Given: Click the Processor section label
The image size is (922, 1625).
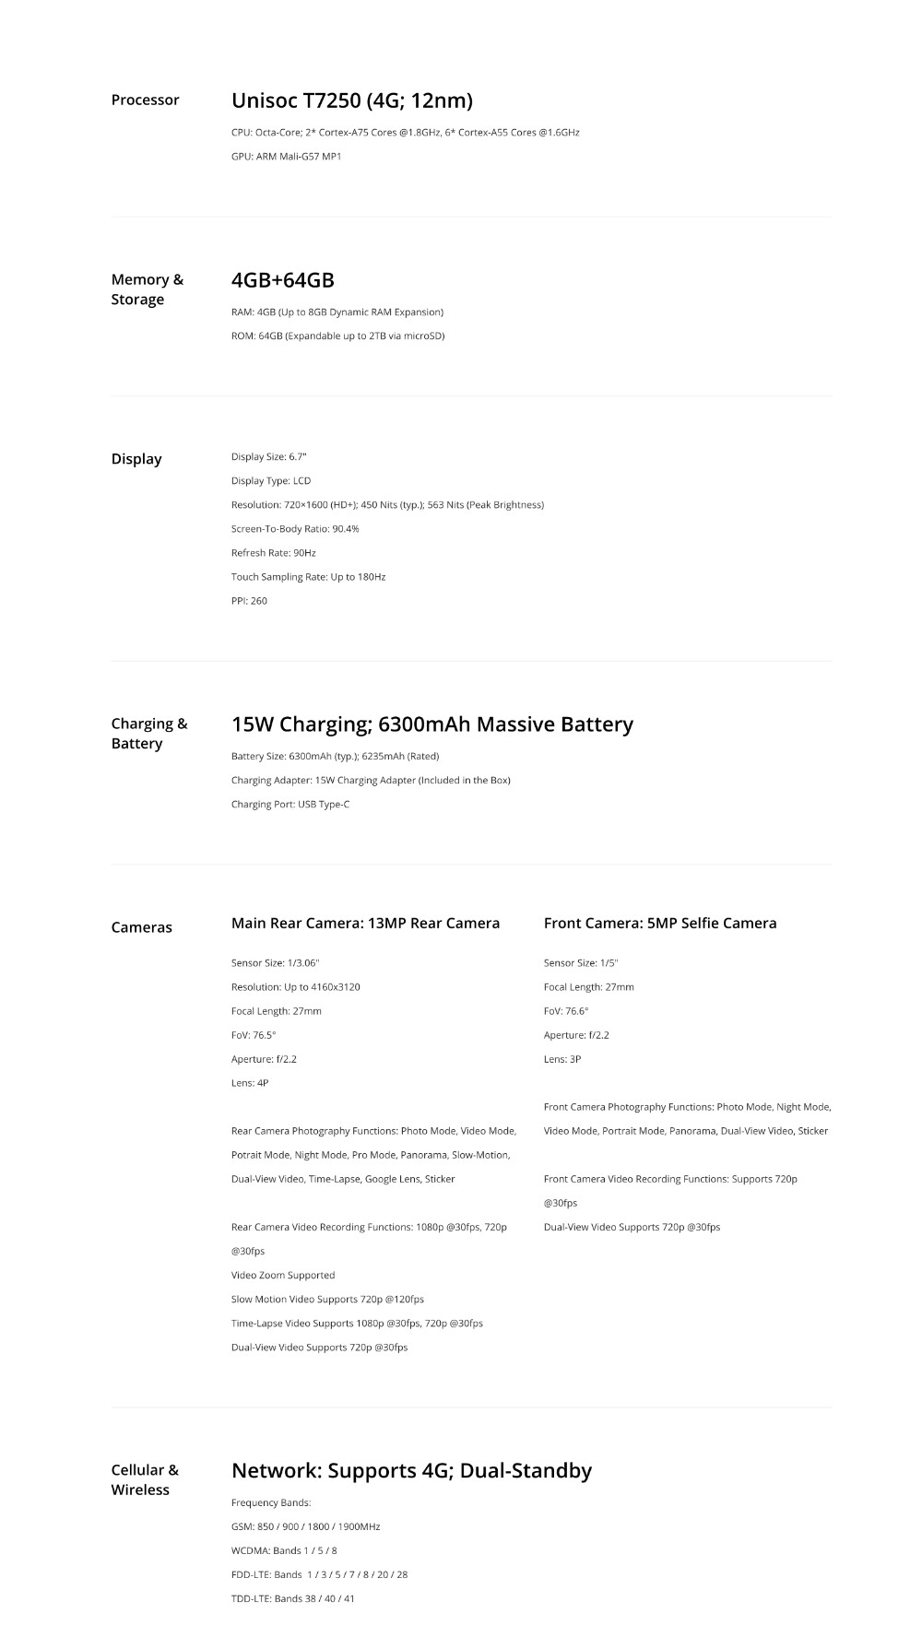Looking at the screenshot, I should [x=145, y=100].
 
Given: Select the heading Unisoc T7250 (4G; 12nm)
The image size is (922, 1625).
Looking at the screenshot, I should [x=351, y=100].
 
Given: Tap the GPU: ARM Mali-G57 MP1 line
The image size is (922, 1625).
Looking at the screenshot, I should [x=286, y=157].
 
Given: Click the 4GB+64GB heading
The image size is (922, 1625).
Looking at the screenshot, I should [x=282, y=280].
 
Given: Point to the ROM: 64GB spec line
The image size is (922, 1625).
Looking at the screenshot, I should [x=337, y=336].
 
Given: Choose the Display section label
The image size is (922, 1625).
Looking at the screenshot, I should [x=136, y=459].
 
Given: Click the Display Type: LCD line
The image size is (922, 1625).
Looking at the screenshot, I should [x=270, y=481].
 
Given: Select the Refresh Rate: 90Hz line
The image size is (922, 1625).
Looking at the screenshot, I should [x=273, y=553].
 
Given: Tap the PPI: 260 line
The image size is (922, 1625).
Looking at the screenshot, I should [x=249, y=601].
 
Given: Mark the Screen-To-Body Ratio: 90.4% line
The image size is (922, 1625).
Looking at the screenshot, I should [x=295, y=529].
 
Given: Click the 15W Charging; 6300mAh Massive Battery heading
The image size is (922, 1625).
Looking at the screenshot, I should [x=431, y=724].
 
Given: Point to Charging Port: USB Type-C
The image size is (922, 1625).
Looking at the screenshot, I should [x=290, y=805].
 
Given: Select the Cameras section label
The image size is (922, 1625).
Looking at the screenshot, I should [x=141, y=927].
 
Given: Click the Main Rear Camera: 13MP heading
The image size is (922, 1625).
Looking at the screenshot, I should [x=365, y=924].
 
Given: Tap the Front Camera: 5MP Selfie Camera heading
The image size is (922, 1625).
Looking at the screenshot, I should [x=659, y=924].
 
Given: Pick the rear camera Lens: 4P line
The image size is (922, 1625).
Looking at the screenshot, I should [x=250, y=1083].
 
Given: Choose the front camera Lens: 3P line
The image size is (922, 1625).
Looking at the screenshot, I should [x=562, y=1059].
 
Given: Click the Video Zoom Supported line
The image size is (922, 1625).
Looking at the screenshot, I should [x=283, y=1276].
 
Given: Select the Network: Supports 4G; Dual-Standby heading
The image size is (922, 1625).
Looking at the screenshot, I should [x=411, y=1471].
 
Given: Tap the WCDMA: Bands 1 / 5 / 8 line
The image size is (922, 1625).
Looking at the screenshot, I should [x=284, y=1551].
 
